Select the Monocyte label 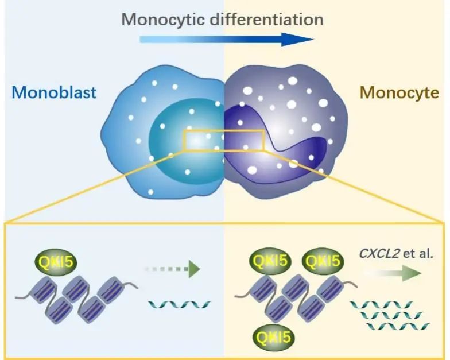tap(399, 92)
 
